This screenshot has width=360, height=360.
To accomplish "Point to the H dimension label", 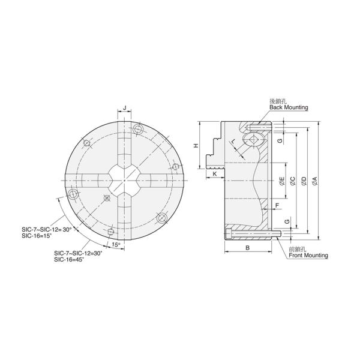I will pos(195,146).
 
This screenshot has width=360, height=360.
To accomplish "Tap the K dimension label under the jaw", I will pos(215,174).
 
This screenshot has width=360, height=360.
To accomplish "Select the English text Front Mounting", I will pos(308,255).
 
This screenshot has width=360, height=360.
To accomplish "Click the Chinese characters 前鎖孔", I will pos(298,248).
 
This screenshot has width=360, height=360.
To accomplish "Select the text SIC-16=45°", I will pos(70,259).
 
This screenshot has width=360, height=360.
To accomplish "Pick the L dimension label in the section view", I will pos(233,141).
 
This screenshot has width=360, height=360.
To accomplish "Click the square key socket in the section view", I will pos(253,142).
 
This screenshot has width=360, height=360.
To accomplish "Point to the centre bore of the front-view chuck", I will pos(124,181).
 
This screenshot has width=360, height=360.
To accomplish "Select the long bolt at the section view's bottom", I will pos(252,233).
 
